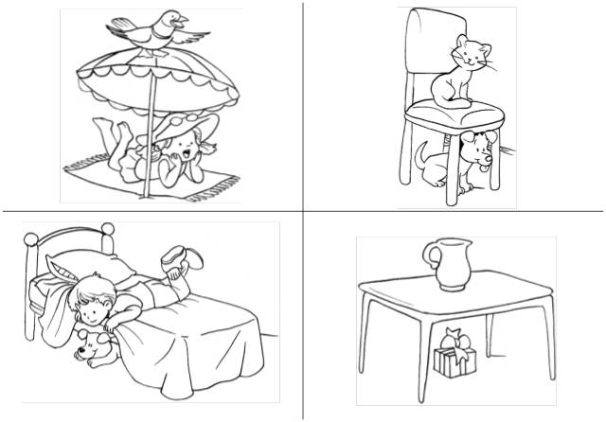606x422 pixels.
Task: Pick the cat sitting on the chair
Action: (454, 71)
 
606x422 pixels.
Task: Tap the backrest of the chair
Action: (432, 47)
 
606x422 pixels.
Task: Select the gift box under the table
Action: (452, 360)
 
